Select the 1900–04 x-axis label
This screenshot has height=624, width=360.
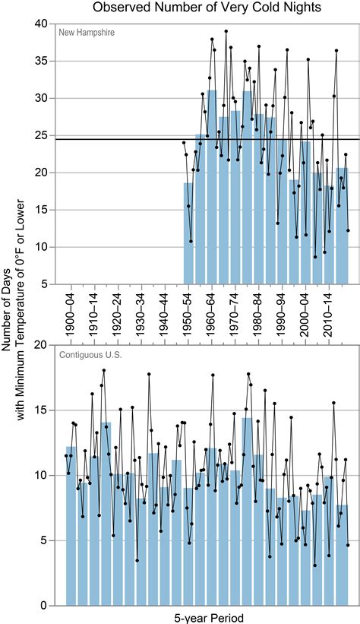[71, 311]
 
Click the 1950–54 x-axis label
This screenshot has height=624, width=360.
[188, 311]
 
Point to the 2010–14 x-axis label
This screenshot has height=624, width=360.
[330, 311]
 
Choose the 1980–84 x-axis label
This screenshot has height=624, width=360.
[260, 311]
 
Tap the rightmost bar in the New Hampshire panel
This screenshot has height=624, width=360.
[343, 228]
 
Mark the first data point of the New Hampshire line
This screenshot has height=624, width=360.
[184, 142]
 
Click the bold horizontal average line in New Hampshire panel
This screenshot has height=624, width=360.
[114, 139]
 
